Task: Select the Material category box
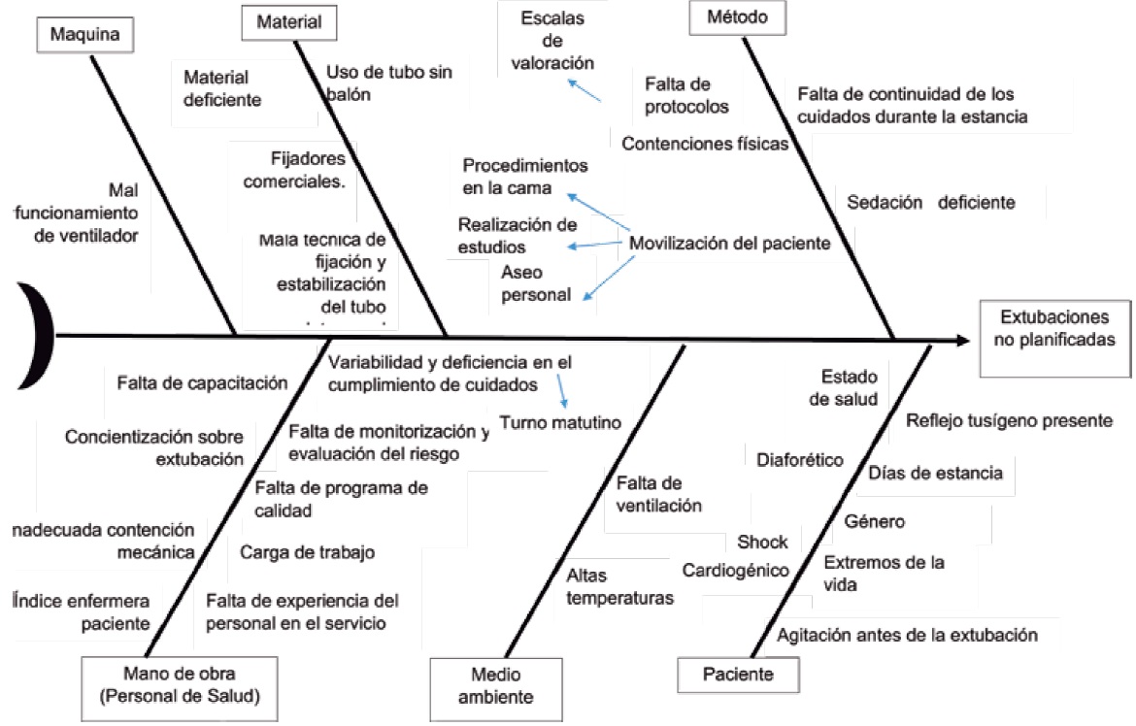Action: (x=288, y=20)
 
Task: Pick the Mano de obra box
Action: (x=179, y=683)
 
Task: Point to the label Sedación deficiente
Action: (x=930, y=203)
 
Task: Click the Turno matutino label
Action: (x=560, y=421)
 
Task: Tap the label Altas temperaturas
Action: (x=619, y=586)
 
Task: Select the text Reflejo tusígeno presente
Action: (x=1009, y=420)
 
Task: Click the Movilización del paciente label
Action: (x=729, y=244)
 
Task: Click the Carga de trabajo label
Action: (x=307, y=552)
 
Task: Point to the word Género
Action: (x=874, y=521)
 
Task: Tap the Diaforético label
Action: (x=800, y=459)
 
